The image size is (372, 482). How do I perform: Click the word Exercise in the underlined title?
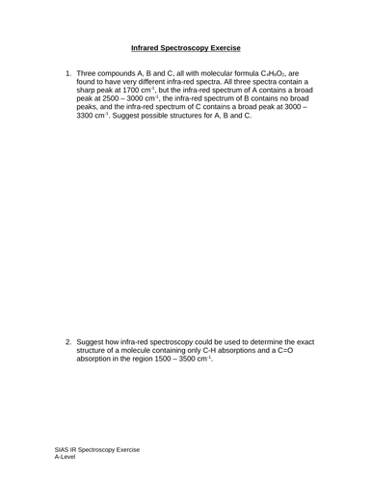[x=223, y=46]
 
